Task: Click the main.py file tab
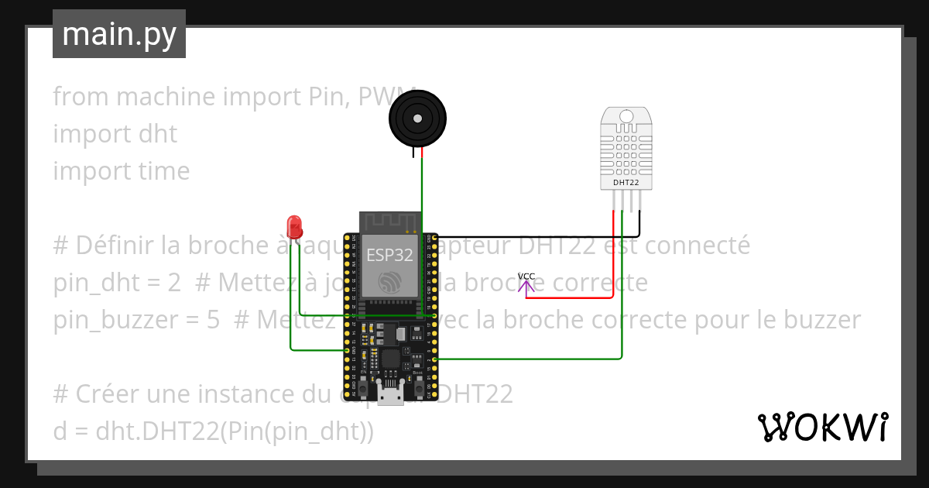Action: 118,34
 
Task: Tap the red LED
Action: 294,226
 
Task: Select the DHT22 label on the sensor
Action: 626,183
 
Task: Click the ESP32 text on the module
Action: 389,255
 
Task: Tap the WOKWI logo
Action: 822,427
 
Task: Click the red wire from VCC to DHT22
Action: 573,297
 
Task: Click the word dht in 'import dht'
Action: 158,134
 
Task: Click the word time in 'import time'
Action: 163,171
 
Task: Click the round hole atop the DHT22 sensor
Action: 626,116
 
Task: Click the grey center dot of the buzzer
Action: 417,119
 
